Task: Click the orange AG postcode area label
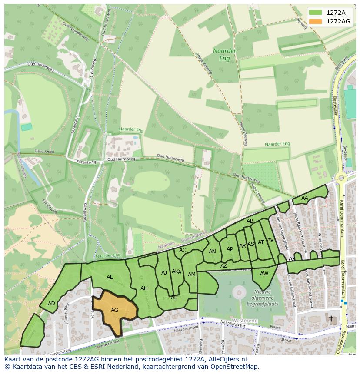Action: [114, 310]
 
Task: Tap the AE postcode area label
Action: [110, 277]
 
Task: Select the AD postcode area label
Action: [51, 303]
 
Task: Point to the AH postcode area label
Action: [144, 288]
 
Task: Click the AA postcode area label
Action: [304, 198]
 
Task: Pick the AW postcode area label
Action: [264, 273]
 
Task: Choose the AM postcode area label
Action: [191, 274]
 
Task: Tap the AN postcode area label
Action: [212, 251]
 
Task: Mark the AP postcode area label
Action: [230, 249]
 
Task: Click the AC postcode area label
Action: [183, 250]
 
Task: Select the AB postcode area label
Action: [250, 221]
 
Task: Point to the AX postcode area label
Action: [292, 258]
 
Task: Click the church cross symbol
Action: [331, 318]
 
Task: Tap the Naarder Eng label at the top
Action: [225, 54]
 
